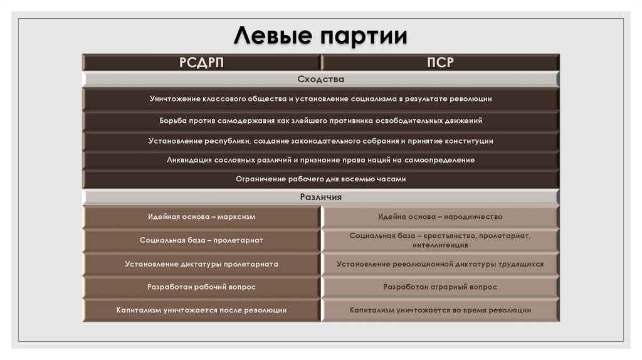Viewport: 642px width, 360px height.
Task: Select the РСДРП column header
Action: [201, 62]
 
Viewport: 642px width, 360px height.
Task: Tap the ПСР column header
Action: [439, 62]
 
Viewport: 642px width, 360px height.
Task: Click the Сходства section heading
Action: [320, 80]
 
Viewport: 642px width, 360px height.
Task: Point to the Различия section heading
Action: [320, 197]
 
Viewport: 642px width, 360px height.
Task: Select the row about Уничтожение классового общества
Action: [320, 99]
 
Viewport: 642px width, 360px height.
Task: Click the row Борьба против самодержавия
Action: [320, 120]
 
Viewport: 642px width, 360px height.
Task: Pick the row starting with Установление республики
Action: [320, 141]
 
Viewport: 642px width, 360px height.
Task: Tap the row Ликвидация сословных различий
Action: [320, 160]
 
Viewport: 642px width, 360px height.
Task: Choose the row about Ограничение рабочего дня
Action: [320, 179]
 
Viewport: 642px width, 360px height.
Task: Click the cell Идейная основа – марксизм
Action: [201, 216]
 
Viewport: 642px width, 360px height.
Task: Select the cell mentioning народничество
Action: [439, 216]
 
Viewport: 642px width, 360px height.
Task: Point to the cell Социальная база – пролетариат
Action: [201, 240]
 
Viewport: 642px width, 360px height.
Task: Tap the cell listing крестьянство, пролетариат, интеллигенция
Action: [439, 240]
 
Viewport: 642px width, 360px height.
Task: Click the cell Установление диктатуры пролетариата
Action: [201, 264]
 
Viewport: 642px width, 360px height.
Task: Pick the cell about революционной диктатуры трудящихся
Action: [439, 264]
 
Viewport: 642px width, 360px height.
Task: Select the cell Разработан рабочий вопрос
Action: [201, 287]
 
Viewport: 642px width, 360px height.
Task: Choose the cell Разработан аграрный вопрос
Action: [439, 287]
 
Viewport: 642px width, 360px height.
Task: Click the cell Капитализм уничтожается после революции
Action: [201, 310]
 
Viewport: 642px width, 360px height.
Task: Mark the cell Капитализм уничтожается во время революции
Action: [439, 310]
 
